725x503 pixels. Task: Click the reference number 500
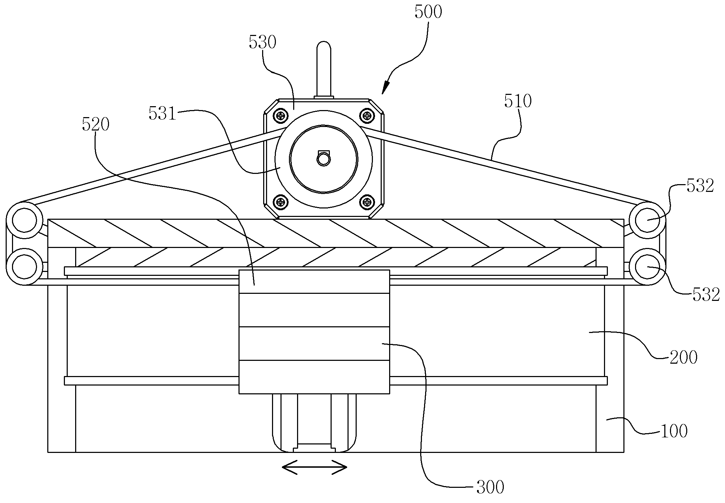(x=428, y=12)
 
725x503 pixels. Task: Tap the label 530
(x=262, y=42)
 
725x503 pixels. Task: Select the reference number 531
(x=162, y=114)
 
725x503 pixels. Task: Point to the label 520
(x=96, y=125)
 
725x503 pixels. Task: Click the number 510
(x=518, y=101)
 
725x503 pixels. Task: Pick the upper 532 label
(x=700, y=186)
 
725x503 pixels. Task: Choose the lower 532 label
(x=706, y=295)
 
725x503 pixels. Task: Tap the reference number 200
(x=683, y=357)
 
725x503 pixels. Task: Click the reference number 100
(x=674, y=431)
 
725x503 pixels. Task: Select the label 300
(x=490, y=487)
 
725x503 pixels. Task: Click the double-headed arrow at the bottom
(x=314, y=468)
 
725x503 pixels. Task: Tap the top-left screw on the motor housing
(x=281, y=115)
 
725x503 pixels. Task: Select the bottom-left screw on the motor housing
(x=281, y=202)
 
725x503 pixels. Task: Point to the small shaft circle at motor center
(x=323, y=159)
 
